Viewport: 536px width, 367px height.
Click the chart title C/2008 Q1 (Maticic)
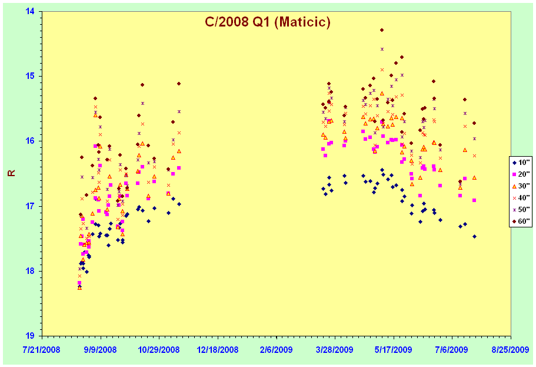268,22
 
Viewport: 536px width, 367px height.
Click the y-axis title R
12,173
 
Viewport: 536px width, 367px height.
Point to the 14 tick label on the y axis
30,11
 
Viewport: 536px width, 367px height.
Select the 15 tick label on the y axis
30,76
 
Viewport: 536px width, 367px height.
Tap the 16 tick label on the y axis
30,141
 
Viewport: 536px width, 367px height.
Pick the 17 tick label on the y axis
30,206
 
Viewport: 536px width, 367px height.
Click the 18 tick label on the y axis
30,271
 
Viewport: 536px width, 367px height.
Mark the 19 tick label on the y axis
30,336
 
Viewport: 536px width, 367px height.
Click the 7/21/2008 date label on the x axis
42,350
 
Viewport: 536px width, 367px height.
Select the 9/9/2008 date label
101,350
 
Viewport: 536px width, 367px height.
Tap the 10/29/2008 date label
159,350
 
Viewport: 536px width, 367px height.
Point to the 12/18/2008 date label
218,350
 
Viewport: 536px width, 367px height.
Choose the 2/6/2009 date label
276,350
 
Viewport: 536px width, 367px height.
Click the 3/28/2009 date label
335,350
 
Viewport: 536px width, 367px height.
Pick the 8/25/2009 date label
510,350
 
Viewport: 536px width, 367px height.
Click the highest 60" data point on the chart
382,30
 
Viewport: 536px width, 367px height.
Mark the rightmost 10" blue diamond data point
474,237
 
